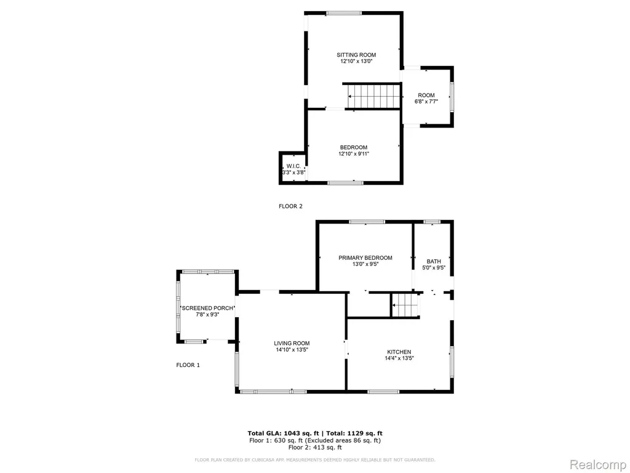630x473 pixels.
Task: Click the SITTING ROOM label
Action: pyautogui.click(x=356, y=55)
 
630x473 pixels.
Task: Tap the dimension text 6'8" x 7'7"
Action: pyautogui.click(x=426, y=102)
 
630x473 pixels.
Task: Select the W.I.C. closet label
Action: pyautogui.click(x=293, y=166)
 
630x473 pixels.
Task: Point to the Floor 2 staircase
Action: pyautogui.click(x=373, y=96)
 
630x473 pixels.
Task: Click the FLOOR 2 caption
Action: pyautogui.click(x=290, y=206)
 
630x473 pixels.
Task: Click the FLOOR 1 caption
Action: pyautogui.click(x=188, y=365)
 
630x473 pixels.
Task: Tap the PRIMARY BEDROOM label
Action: pyautogui.click(x=365, y=258)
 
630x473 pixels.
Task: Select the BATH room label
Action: pyautogui.click(x=434, y=261)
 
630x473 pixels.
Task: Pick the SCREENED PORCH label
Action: pyautogui.click(x=207, y=308)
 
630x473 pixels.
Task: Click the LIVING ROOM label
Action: pyautogui.click(x=292, y=344)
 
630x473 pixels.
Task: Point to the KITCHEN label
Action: pyautogui.click(x=399, y=352)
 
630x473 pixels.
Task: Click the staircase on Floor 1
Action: pyautogui.click(x=405, y=305)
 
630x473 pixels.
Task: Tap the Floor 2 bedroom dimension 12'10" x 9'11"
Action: pyautogui.click(x=354, y=153)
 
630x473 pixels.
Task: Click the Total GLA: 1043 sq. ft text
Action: pyautogui.click(x=283, y=433)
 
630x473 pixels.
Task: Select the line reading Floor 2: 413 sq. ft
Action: pyautogui.click(x=315, y=447)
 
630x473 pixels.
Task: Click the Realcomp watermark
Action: pyautogui.click(x=597, y=464)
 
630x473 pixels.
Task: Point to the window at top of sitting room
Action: pyautogui.click(x=343, y=14)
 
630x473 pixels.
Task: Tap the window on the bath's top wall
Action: pyautogui.click(x=432, y=222)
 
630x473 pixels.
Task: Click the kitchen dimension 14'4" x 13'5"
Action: pyautogui.click(x=399, y=358)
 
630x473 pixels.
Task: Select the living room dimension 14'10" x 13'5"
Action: pyautogui.click(x=292, y=350)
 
